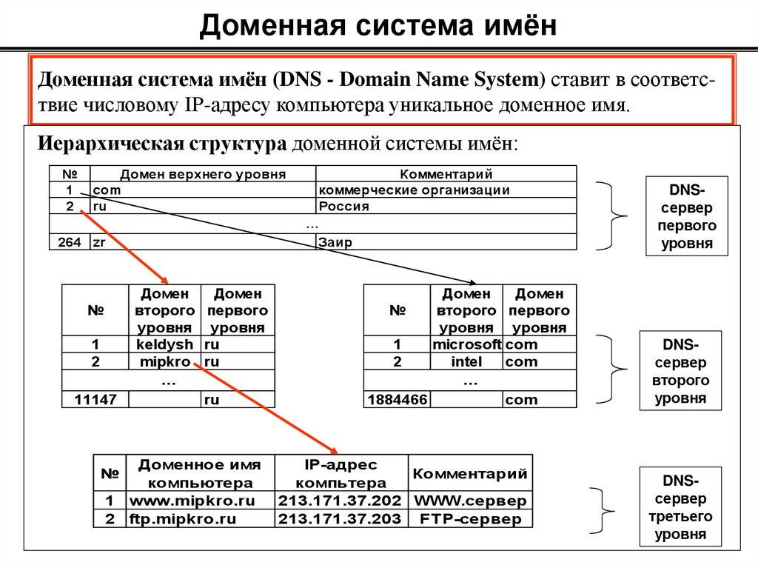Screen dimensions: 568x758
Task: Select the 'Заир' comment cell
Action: click(x=335, y=242)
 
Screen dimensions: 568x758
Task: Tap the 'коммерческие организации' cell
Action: click(x=415, y=190)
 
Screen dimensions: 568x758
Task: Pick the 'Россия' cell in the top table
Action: click(x=344, y=207)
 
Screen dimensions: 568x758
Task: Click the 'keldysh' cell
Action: click(x=165, y=344)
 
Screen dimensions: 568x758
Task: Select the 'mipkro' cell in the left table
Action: click(x=165, y=362)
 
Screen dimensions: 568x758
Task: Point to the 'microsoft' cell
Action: click(x=466, y=344)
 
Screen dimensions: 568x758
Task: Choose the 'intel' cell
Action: click(x=466, y=362)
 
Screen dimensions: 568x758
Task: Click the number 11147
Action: click(x=95, y=400)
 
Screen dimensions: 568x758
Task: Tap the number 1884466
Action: click(x=397, y=400)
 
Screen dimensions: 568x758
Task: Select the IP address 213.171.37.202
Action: click(x=340, y=501)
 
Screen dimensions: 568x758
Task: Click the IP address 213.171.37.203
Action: click(x=340, y=518)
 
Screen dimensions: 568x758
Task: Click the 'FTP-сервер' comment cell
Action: click(x=470, y=518)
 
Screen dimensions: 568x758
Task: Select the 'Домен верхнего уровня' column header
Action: click(x=203, y=174)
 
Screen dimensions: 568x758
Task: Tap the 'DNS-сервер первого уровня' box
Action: click(x=687, y=215)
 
